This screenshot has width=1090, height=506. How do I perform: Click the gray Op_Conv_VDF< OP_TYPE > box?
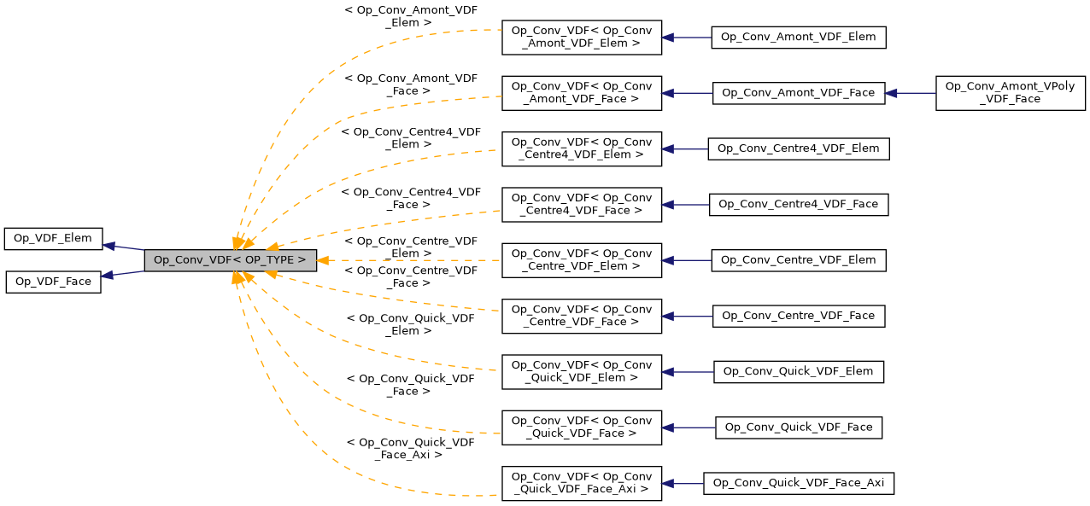pyautogui.click(x=230, y=260)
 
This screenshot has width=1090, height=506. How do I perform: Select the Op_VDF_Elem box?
pyautogui.click(x=53, y=239)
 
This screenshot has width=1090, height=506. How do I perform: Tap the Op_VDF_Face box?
pyautogui.click(x=53, y=282)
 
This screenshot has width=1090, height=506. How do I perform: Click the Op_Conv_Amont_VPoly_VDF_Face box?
pyautogui.click(x=1010, y=93)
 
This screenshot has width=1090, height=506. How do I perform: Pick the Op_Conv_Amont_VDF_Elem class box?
pyautogui.click(x=799, y=38)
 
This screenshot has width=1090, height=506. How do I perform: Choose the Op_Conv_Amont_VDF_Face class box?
pyautogui.click(x=799, y=93)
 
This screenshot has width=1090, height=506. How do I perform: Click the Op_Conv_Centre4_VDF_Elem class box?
pyautogui.click(x=799, y=148)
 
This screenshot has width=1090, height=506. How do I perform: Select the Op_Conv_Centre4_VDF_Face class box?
pyautogui.click(x=799, y=205)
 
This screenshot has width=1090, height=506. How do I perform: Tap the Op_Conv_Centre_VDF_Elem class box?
pyautogui.click(x=799, y=260)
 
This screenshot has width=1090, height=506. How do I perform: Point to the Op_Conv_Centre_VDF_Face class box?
pyautogui.click(x=799, y=316)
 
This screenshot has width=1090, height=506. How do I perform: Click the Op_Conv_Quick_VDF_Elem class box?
pyautogui.click(x=799, y=371)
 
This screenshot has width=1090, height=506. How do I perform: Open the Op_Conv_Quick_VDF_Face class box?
pyautogui.click(x=799, y=427)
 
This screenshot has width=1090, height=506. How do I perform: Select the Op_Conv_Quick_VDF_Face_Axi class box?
pyautogui.click(x=799, y=483)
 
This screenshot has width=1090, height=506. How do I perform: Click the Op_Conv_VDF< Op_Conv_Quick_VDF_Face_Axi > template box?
pyautogui.click(x=581, y=483)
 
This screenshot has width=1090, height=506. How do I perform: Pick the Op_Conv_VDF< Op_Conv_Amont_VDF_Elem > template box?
pyautogui.click(x=581, y=38)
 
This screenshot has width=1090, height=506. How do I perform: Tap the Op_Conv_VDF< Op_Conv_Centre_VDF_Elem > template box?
pyautogui.click(x=581, y=260)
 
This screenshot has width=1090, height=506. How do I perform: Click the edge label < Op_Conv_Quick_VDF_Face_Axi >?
pyautogui.click(x=410, y=449)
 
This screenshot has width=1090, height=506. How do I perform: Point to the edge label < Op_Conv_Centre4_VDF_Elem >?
pyautogui.click(x=410, y=138)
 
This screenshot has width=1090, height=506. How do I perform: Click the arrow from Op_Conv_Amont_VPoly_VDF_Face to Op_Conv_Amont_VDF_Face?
pyautogui.click(x=911, y=93)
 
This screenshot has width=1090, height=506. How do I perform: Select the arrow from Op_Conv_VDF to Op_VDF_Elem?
pyautogui.click(x=124, y=247)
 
